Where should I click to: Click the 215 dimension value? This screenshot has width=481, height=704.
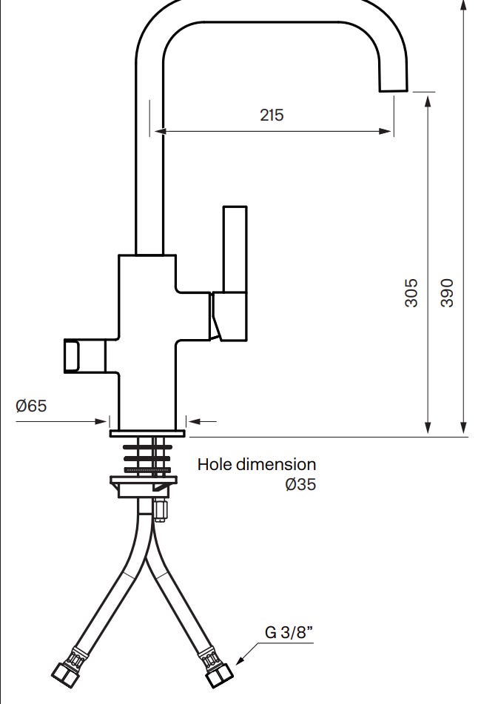pyautogui.click(x=272, y=115)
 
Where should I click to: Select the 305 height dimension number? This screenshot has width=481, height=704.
pyautogui.click(x=411, y=292)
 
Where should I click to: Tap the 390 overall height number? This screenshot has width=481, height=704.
pyautogui.click(x=447, y=292)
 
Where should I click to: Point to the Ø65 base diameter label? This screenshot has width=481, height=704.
pyautogui.click(x=31, y=406)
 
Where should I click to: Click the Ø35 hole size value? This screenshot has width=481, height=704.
pyautogui.click(x=300, y=484)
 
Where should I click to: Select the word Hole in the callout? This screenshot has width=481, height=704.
pyautogui.click(x=215, y=464)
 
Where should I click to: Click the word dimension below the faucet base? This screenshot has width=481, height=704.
pyautogui.click(x=276, y=464)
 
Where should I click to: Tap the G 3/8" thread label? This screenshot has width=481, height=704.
pyautogui.click(x=289, y=632)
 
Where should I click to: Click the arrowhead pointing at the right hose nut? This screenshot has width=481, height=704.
pyautogui.click(x=240, y=660)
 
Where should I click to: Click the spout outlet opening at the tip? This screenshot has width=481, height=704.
pyautogui.click(x=394, y=91)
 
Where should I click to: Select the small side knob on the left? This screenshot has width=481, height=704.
pyautogui.click(x=73, y=355)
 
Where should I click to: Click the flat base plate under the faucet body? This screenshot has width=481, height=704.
pyautogui.click(x=147, y=433)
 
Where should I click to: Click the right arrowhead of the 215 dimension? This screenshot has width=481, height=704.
pyautogui.click(x=386, y=131)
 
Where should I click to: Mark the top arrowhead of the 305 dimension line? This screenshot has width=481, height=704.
pyautogui.click(x=428, y=101)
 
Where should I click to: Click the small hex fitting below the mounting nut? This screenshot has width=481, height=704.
pyautogui.click(x=160, y=509)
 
